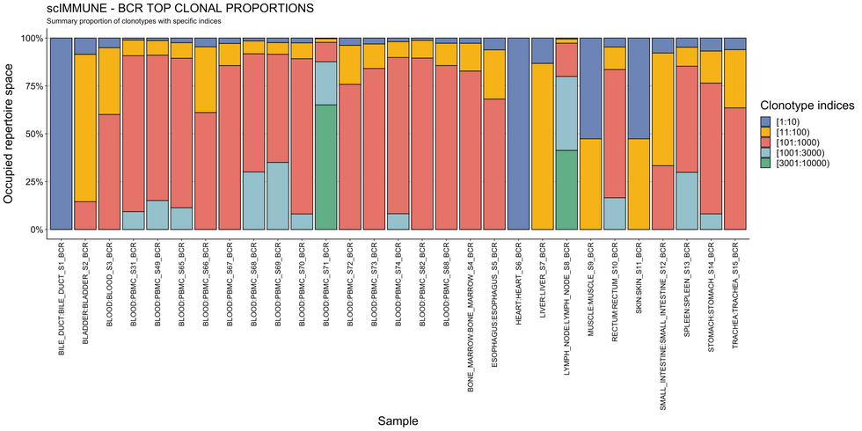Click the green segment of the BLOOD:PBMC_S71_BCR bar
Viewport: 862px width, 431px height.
[325, 167]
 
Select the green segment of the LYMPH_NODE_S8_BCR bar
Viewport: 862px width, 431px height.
[566, 189]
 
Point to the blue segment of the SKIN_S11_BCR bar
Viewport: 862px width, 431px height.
[639, 88]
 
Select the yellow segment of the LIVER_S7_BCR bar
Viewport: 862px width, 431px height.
[543, 146]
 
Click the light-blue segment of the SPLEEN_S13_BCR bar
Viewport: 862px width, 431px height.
[687, 200]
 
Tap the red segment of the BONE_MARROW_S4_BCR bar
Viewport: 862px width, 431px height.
[471, 150]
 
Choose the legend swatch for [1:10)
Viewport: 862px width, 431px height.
[766, 121]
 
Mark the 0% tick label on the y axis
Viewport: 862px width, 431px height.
[35, 230]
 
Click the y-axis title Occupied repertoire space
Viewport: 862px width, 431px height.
[10, 134]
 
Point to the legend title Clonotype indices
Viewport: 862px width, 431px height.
[807, 105]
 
